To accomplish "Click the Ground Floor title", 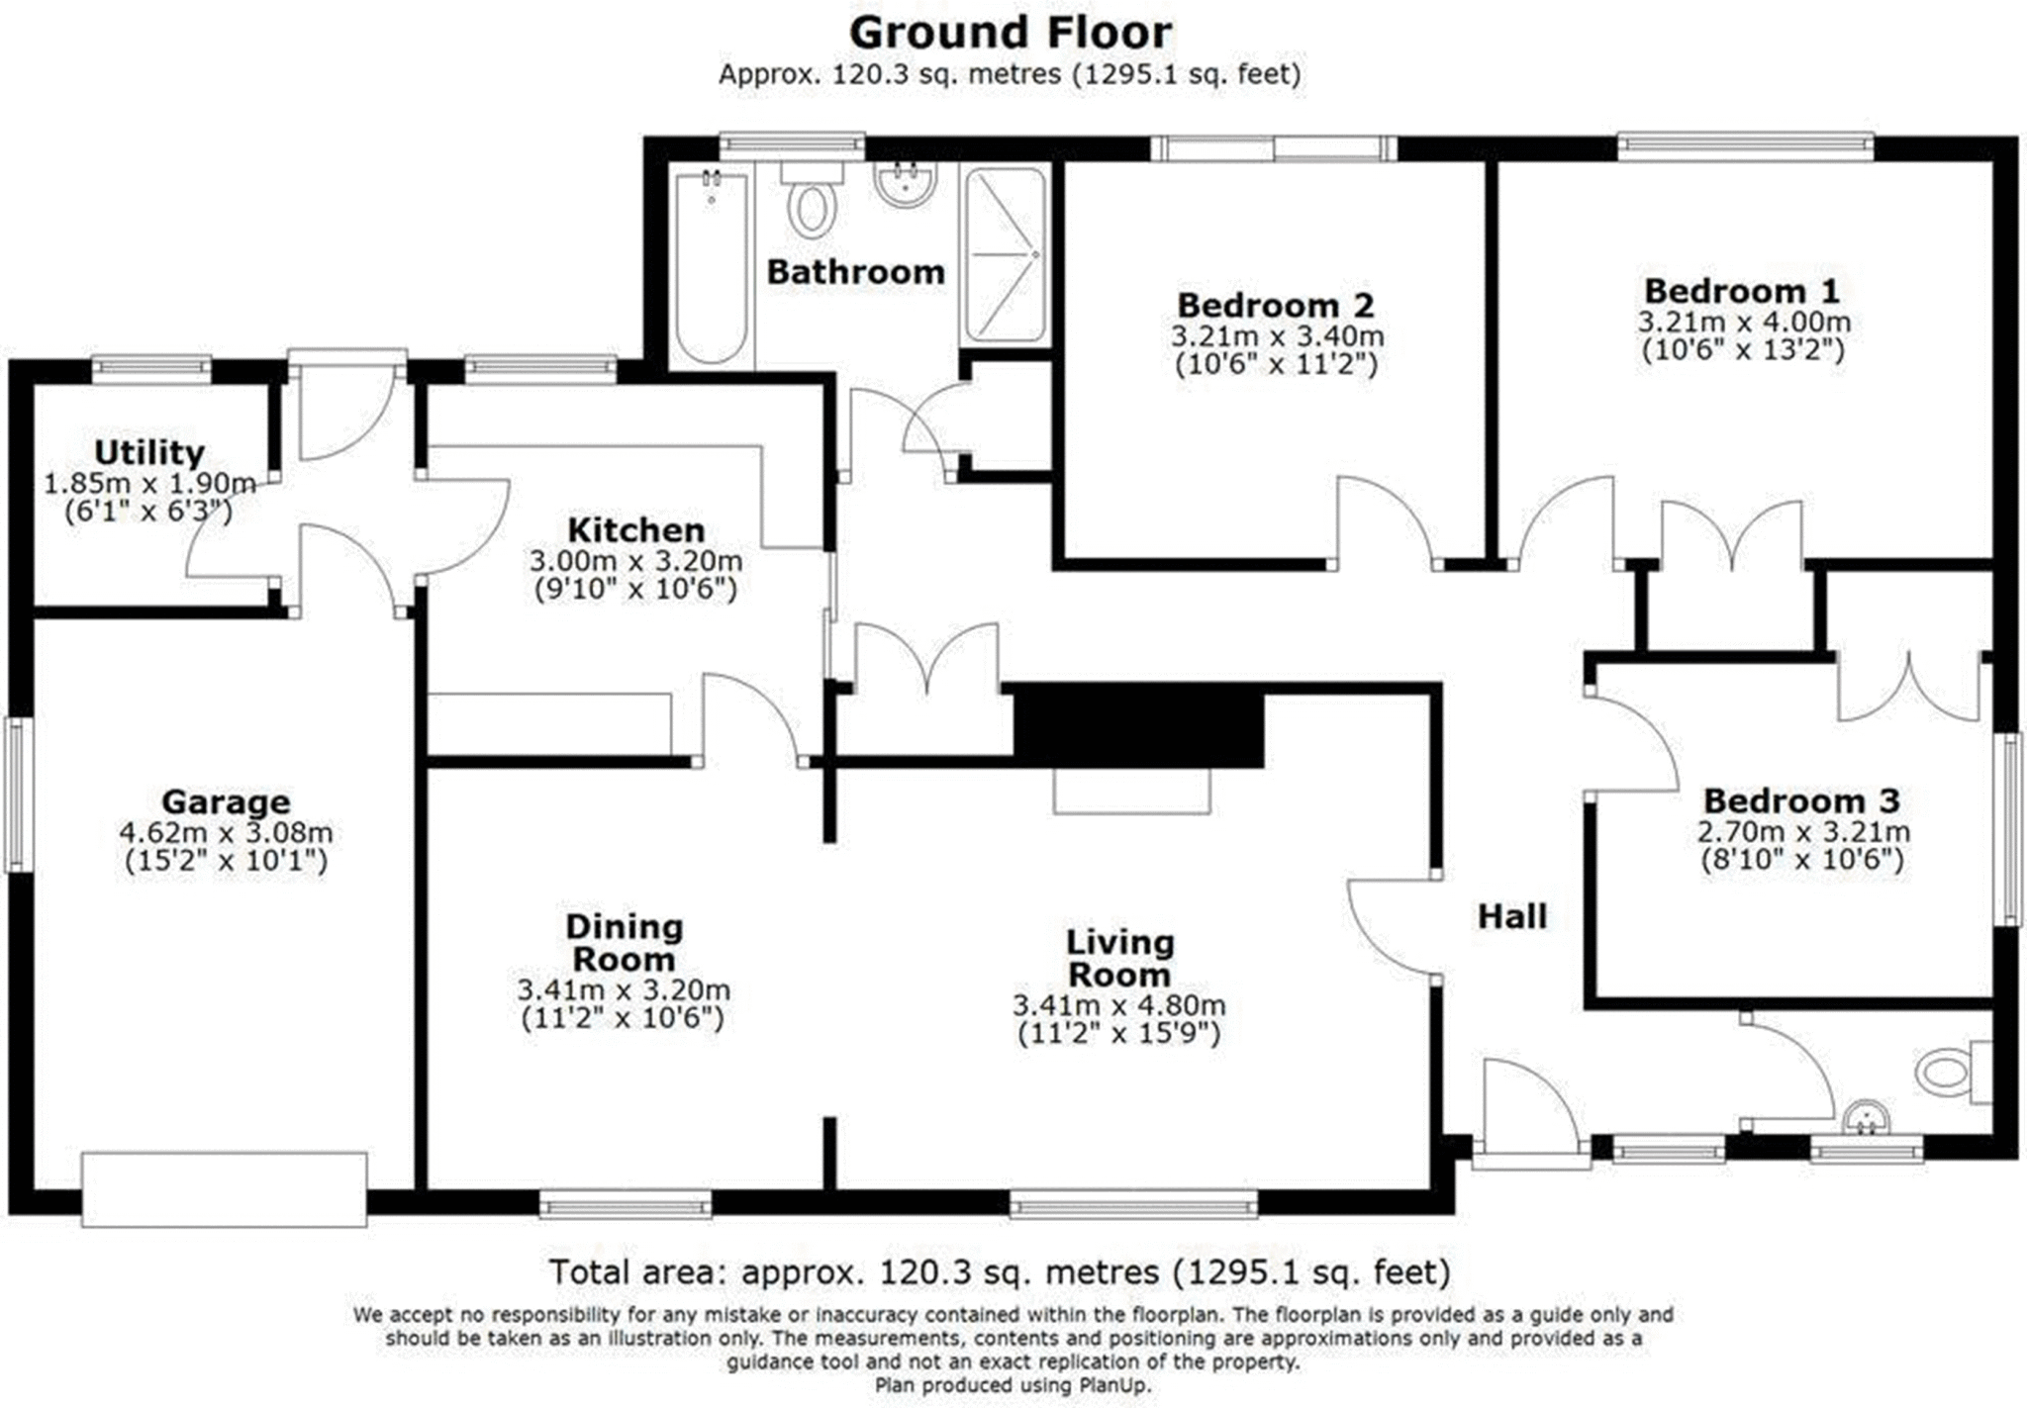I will tap(1011, 33).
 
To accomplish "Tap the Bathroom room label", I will tap(855, 272).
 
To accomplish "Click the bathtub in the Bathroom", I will tap(711, 267).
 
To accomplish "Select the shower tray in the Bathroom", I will tap(1005, 255).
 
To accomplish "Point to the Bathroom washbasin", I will tap(904, 185).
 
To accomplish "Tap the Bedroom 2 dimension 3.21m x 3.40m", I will tap(1277, 336).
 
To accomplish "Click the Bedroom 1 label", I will tap(1742, 291).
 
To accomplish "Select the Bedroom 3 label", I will tap(1801, 800).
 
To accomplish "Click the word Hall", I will tap(1511, 916).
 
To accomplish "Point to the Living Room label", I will tap(1119, 958).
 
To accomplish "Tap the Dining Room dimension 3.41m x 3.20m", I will tap(624, 989).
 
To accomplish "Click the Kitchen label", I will tap(635, 529).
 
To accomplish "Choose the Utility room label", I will tap(148, 452).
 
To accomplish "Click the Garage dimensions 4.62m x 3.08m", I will tap(226, 833).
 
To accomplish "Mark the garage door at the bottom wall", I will tap(224, 1188).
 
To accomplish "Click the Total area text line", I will tap(1000, 1271).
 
